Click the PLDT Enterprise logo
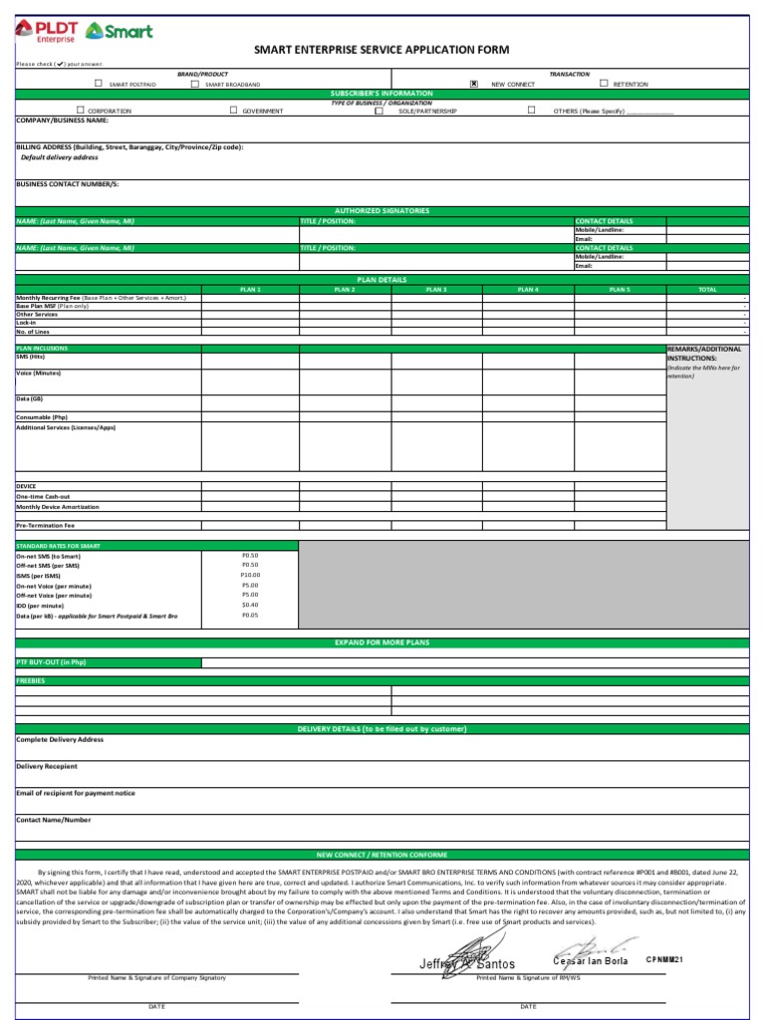coord(46,31)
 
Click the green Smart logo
coord(120,31)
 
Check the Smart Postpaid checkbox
coord(98,85)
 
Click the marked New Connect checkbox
coord(473,85)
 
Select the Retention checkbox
coord(604,85)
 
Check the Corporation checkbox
coord(81,111)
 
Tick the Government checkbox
coord(233,111)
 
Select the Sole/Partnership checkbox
coord(379,111)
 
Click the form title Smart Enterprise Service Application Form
coord(382,50)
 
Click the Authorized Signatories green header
coord(382,211)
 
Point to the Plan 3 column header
coord(436,289)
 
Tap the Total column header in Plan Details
coord(707,289)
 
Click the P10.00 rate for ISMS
coord(250,575)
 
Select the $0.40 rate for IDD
coord(250,605)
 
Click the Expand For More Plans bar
coord(382,643)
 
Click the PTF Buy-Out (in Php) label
coord(52,662)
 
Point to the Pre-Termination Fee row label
coord(46,524)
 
